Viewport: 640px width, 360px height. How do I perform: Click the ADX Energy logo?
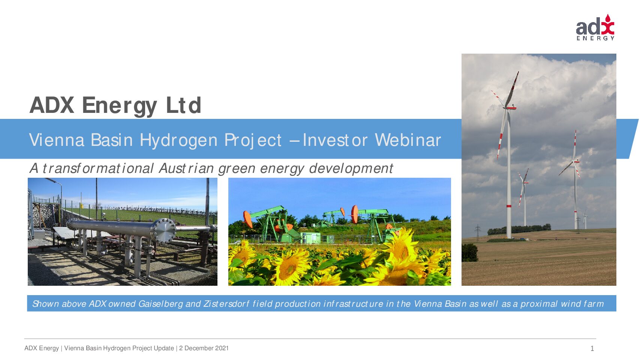595,27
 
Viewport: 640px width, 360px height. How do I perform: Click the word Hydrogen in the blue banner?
178,140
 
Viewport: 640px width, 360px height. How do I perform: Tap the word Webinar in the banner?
408,140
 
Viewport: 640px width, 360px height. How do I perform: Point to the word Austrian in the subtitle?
186,168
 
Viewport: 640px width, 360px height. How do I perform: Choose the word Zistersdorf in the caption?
226,303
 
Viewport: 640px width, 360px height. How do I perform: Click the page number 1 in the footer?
592,348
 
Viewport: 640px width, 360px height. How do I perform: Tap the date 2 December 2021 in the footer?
204,348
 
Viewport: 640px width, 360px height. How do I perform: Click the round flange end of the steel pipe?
164,231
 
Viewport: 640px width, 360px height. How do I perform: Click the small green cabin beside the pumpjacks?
310,238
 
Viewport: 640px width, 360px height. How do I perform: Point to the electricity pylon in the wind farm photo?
477,233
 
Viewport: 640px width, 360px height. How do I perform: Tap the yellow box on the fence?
82,205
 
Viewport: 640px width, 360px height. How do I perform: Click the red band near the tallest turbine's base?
508,206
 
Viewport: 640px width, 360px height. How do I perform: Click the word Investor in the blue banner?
336,140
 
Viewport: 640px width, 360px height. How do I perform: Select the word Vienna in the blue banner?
57,140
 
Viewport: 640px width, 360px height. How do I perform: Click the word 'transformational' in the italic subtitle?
98,168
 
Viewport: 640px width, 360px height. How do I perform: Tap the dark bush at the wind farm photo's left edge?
470,253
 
